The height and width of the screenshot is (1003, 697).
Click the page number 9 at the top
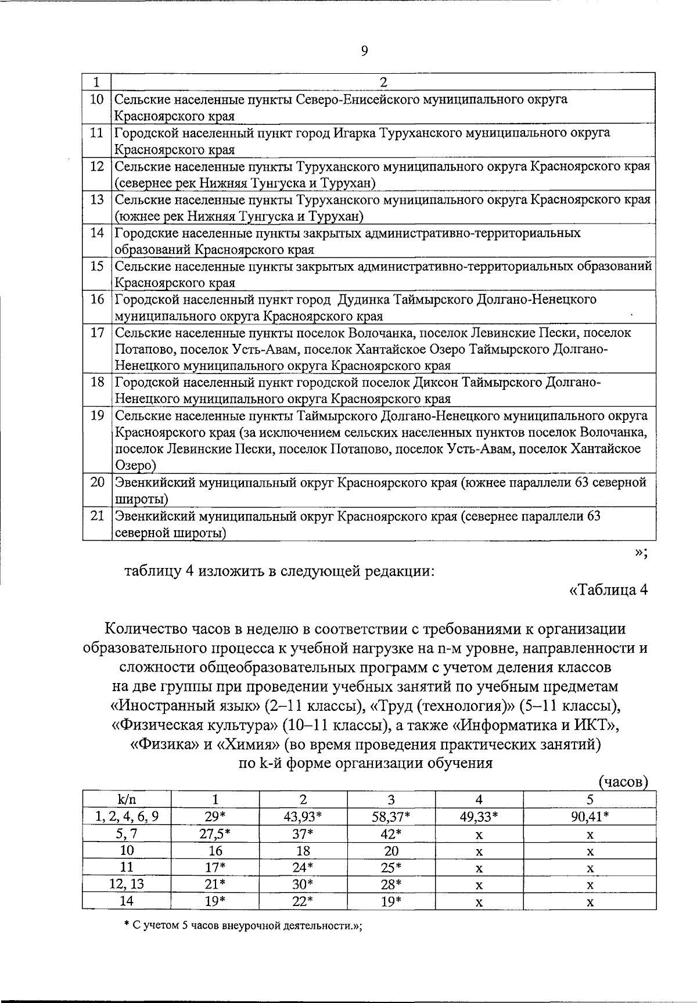364,51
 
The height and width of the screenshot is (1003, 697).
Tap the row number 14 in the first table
96,233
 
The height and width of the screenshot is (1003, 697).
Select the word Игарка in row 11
354,133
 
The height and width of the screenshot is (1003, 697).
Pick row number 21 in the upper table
96,516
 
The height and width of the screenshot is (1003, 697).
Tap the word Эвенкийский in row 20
151,483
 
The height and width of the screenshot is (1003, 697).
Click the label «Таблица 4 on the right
609,590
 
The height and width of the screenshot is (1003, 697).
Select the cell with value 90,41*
590,817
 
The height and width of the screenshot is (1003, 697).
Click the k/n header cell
127,799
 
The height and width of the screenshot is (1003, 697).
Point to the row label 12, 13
127,885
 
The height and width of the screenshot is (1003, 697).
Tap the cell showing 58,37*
391,817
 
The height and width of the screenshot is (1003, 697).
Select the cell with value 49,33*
479,817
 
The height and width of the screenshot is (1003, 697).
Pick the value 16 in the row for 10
215,851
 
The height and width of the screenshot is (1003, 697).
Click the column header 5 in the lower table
590,799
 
